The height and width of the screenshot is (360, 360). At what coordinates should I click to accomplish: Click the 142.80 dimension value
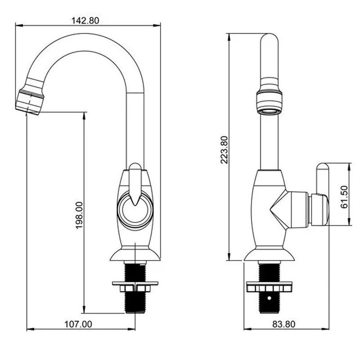pyautogui.click(x=85, y=21)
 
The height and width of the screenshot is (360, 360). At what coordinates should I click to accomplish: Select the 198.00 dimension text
pyautogui.click(x=80, y=215)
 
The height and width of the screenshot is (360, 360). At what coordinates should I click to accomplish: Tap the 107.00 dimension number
pyautogui.click(x=78, y=324)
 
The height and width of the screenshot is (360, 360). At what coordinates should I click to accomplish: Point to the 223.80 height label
pyautogui.click(x=224, y=150)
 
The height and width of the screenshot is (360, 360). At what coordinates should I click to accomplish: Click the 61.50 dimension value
pyautogui.click(x=344, y=197)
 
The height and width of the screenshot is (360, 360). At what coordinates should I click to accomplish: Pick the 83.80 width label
pyautogui.click(x=284, y=324)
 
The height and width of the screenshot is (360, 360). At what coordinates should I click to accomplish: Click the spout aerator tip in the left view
pyautogui.click(x=30, y=102)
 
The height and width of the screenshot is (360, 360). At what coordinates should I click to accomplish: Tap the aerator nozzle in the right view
pyautogui.click(x=269, y=103)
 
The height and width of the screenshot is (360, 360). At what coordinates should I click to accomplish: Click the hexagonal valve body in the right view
pyautogui.click(x=289, y=209)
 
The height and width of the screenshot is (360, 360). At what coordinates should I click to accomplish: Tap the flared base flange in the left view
pyautogui.click(x=135, y=254)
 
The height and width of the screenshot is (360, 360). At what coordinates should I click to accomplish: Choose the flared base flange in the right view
pyautogui.click(x=269, y=254)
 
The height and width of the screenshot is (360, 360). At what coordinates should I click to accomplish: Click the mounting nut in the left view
pyautogui.click(x=135, y=288)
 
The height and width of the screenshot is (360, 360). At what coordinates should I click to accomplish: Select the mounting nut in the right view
pyautogui.click(x=269, y=288)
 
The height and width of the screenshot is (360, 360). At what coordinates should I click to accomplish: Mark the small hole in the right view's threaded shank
pyautogui.click(x=269, y=298)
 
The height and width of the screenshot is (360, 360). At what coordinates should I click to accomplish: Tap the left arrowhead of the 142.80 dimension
pyautogui.click(x=19, y=26)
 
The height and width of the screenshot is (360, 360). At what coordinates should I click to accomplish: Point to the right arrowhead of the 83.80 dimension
pyautogui.click(x=326, y=329)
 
